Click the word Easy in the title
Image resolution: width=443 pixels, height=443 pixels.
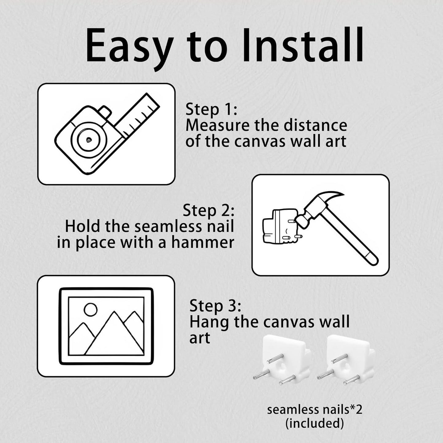click(x=130, y=47)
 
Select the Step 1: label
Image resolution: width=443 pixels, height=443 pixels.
click(x=211, y=109)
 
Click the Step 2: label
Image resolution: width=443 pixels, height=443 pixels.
click(x=208, y=211)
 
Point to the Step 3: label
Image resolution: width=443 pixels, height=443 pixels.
click(x=216, y=306)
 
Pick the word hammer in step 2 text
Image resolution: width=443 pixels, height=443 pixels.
click(x=203, y=243)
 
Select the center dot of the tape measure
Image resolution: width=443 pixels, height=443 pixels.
click(x=89, y=139)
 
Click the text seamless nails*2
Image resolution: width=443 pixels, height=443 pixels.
click(x=315, y=410)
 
